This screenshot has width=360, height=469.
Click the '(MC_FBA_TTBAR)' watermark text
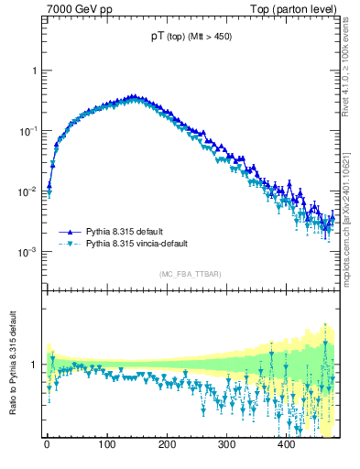tap(191, 274)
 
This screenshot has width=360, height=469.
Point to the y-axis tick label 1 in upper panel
tap(34, 71)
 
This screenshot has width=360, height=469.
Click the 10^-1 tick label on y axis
tap(29, 131)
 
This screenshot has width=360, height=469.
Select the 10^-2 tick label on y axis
tap(29, 191)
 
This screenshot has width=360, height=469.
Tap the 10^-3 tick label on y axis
tap(29, 252)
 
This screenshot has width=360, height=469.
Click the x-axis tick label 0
tap(47, 444)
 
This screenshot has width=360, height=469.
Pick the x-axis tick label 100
tap(106, 444)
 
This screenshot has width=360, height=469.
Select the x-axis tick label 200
tap(167, 444)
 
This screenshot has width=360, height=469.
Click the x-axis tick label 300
tap(226, 444)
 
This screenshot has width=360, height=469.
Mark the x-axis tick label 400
tap(286, 444)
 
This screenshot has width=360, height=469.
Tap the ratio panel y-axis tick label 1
tap(34, 365)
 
